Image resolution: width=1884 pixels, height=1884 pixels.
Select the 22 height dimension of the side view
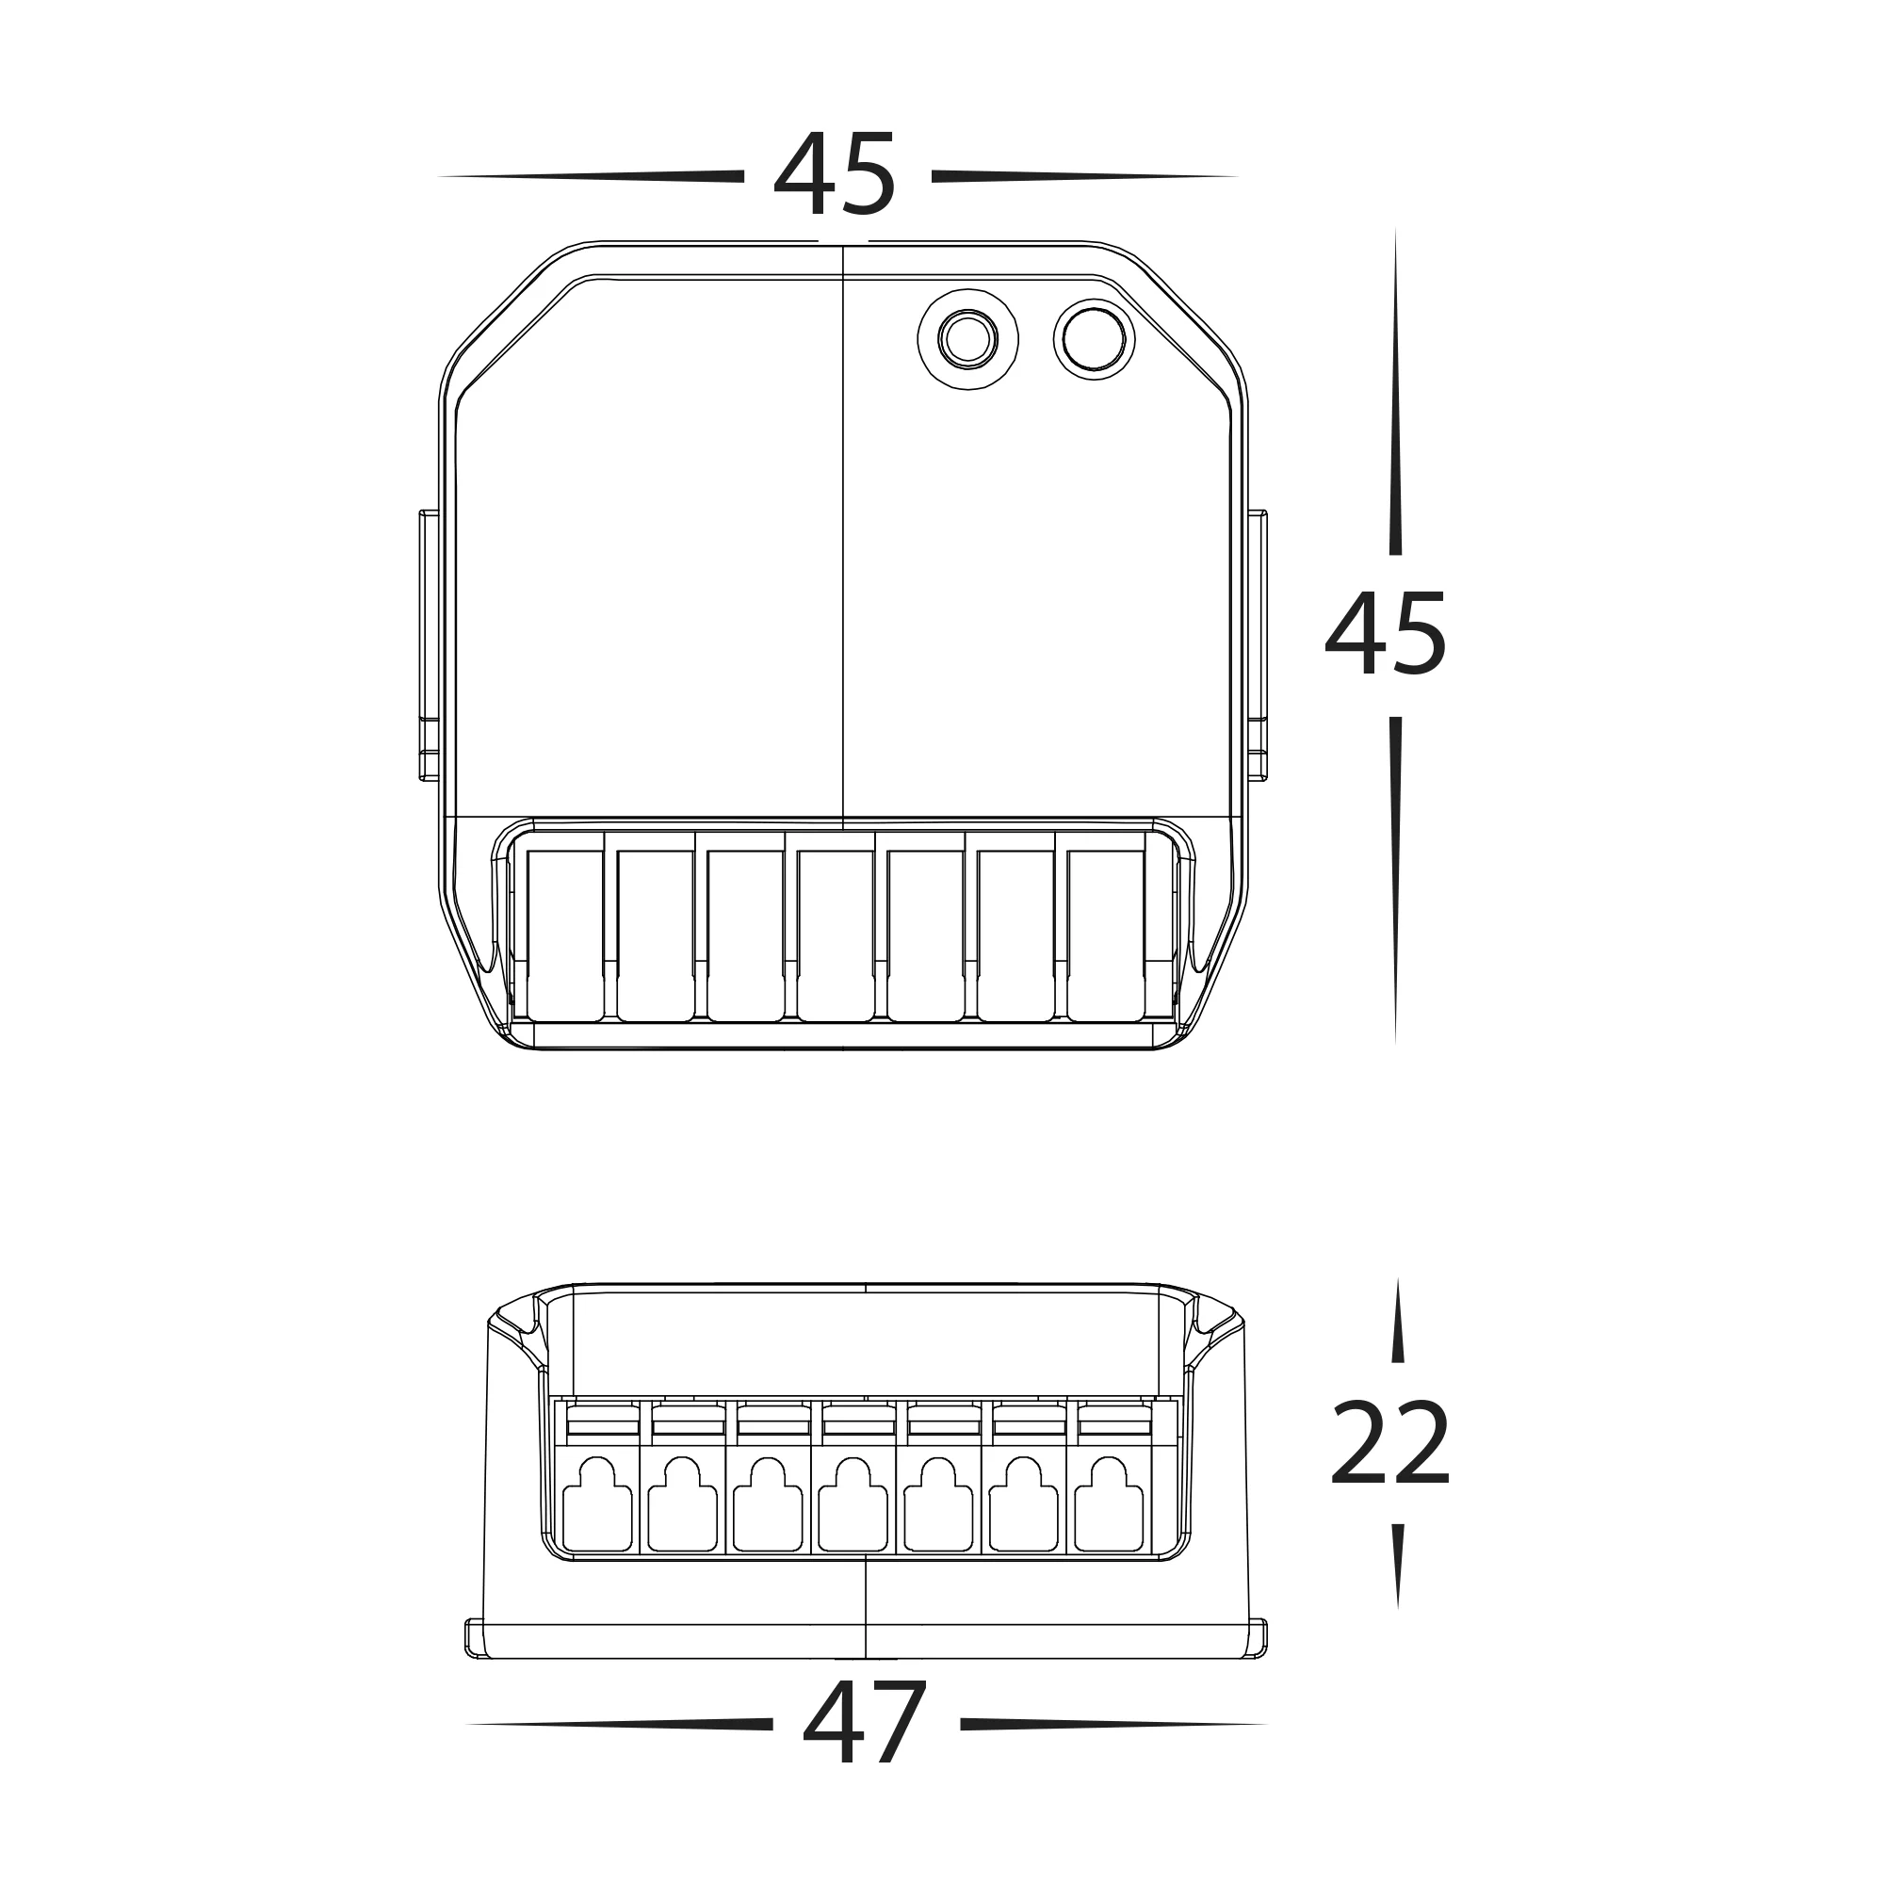pyautogui.click(x=1390, y=1443)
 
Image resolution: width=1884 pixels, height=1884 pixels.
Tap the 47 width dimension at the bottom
pyautogui.click(x=864, y=1724)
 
